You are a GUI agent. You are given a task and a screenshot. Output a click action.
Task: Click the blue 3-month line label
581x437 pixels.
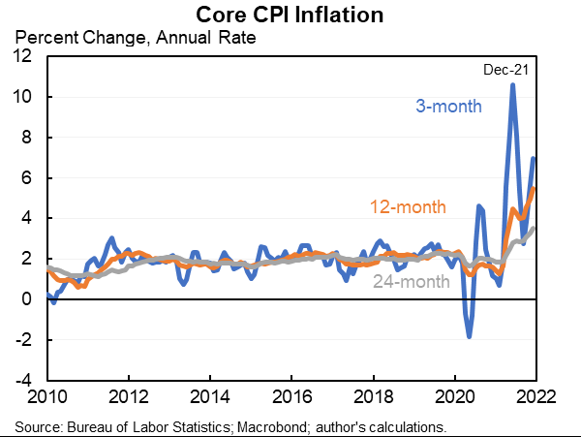(448, 106)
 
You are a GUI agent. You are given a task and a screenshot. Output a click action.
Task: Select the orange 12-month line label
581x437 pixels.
(408, 206)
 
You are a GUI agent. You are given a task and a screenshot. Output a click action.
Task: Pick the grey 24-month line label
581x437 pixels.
(413, 282)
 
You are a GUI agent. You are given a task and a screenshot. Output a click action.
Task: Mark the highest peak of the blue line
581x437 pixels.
(512, 85)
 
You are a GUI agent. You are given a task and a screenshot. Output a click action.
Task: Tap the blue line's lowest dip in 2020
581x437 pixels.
(470, 336)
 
